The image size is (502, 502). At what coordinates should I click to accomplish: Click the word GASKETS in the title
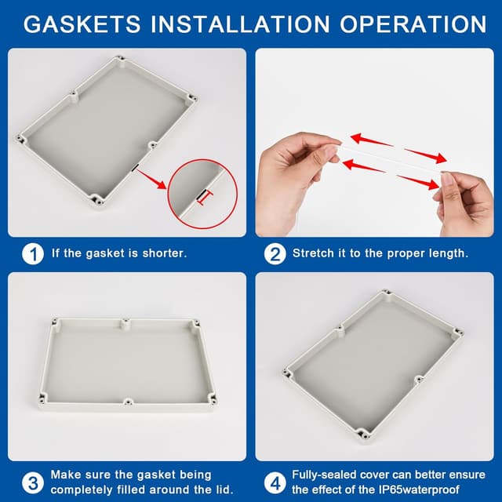82,24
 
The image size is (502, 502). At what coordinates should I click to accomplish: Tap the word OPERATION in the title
413,24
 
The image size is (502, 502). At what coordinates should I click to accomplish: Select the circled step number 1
33,254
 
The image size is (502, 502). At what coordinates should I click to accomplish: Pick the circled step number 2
275,254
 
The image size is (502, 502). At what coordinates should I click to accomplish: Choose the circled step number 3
33,483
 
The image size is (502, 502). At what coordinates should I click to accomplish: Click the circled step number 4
275,483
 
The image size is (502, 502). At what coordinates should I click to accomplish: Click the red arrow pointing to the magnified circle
151,179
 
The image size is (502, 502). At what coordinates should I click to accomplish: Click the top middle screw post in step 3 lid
126,324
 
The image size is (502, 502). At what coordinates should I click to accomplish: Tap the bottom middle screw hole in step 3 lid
128,401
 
